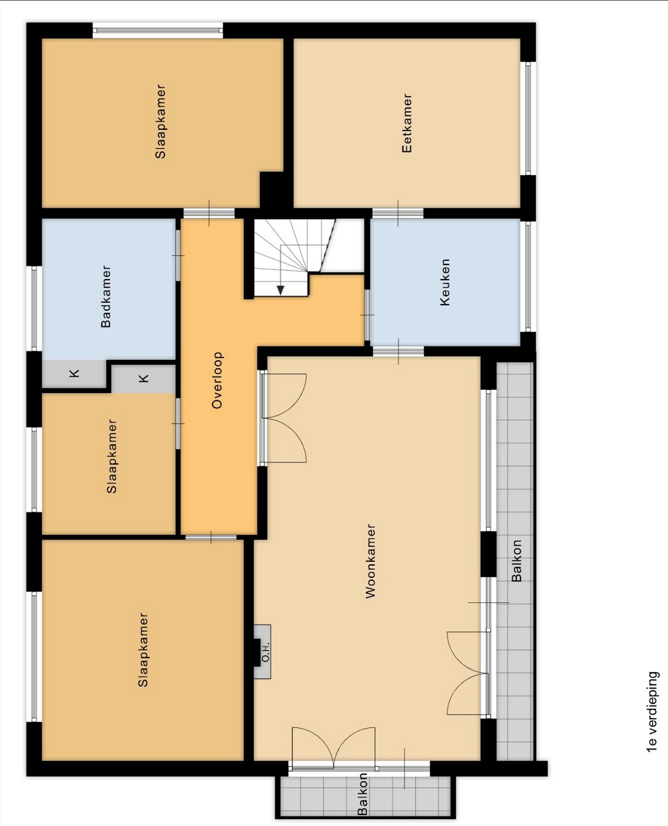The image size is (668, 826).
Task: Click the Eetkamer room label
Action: tap(407, 123)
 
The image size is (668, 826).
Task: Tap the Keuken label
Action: tap(445, 283)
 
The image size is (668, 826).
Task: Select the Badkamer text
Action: tap(106, 297)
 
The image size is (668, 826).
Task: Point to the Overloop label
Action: tap(217, 380)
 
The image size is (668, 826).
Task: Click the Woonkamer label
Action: tap(370, 561)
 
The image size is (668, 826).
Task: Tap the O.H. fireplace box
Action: tap(263, 652)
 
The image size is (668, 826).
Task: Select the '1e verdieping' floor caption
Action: tap(653, 712)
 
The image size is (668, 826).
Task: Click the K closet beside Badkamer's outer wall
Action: tap(74, 374)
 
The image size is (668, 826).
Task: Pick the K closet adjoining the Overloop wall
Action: tap(143, 379)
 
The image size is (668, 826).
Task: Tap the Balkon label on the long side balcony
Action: tap(516, 561)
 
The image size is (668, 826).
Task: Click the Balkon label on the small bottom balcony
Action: tap(362, 794)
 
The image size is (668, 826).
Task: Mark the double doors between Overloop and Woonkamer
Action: tap(283, 418)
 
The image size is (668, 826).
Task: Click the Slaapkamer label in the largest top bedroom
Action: tap(160, 122)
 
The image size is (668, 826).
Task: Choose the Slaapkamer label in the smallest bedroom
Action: tap(112, 456)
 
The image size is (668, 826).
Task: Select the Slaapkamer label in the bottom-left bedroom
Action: tap(143, 650)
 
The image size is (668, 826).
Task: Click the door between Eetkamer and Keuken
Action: tap(398, 214)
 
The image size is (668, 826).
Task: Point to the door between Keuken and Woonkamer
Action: tap(398, 351)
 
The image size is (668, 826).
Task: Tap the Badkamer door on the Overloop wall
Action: tap(178, 255)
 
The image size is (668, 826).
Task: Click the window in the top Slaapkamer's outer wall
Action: tap(158, 31)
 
